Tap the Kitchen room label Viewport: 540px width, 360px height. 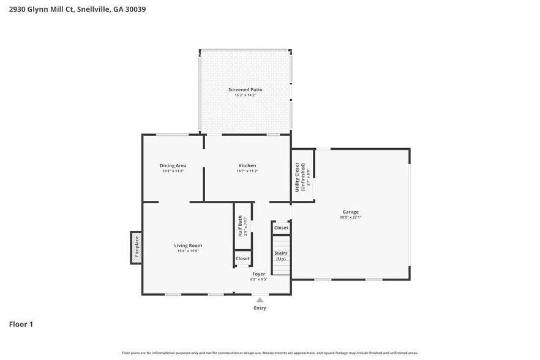pos(247,165)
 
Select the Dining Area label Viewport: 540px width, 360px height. pos(173,165)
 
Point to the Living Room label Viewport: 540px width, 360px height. pos(188,246)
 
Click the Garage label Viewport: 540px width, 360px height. pos(350,212)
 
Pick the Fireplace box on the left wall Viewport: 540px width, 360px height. pos(137,247)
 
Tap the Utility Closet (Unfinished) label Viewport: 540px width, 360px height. pos(299,176)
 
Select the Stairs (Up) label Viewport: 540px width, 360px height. pos(281,256)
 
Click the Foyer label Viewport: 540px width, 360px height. pos(258,274)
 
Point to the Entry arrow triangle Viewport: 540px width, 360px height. pos(260,300)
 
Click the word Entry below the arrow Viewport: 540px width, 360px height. pos(260,308)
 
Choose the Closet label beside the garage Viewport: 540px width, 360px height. pos(281,228)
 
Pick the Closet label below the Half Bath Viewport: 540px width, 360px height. pos(242,259)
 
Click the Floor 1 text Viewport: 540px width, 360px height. pos(21,324)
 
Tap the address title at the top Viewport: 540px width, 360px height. pos(77,9)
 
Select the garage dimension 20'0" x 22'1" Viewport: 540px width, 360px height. pos(351,217)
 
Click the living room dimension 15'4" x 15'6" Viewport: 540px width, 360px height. pos(188,251)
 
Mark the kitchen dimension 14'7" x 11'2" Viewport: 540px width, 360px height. pos(247,171)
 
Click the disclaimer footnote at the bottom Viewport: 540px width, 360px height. pos(270,353)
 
